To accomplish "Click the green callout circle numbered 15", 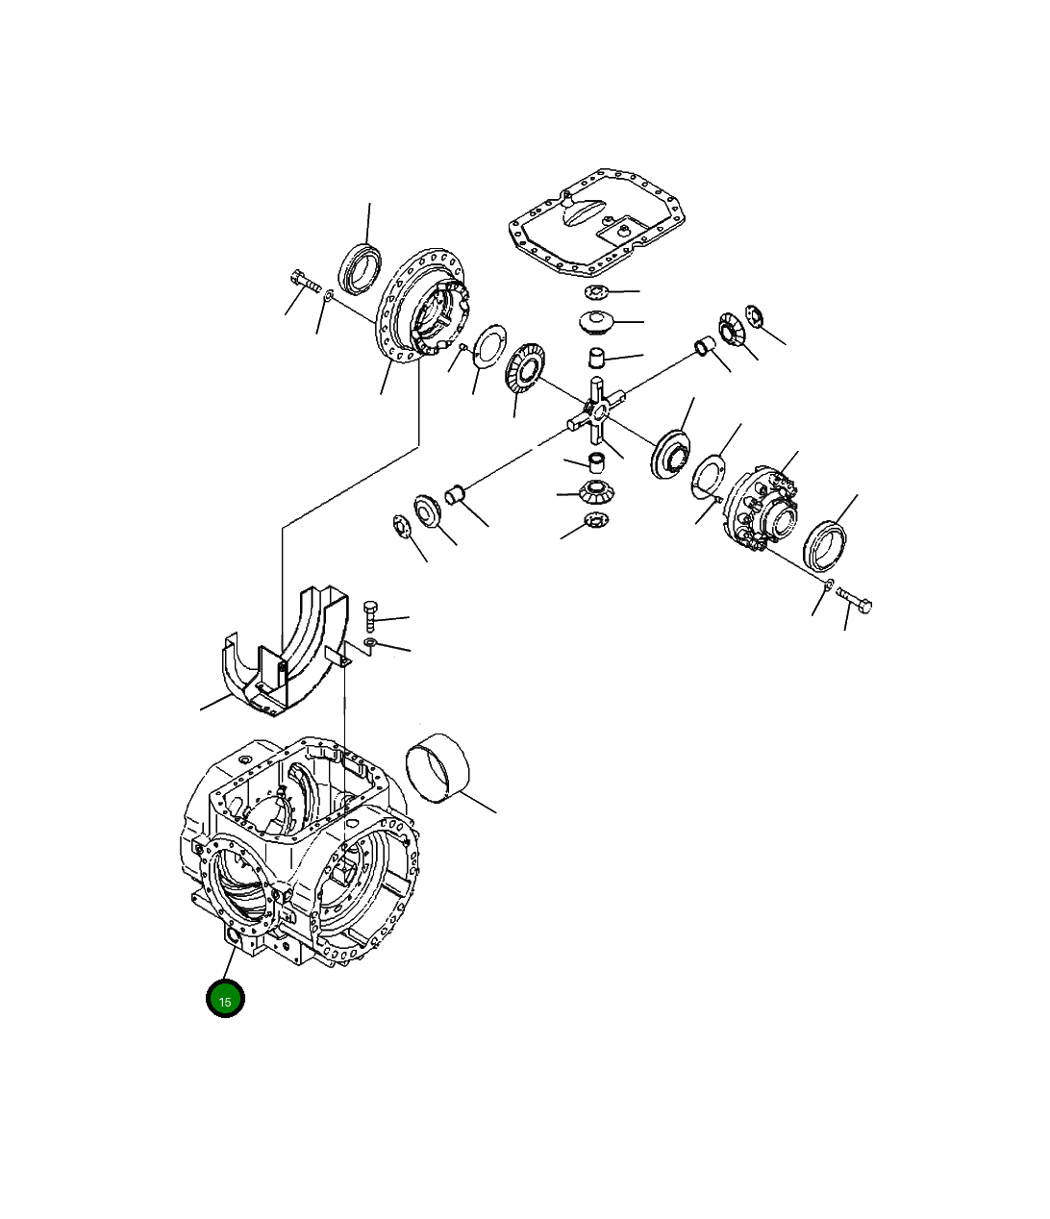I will click(x=225, y=999).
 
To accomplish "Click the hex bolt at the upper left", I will click(x=303, y=285).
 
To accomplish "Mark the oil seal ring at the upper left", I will click(x=361, y=266).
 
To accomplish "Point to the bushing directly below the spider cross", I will click(x=596, y=460).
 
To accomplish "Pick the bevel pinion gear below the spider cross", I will click(x=597, y=493).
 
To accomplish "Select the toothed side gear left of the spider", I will click(x=524, y=378).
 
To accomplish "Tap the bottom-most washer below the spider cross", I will click(x=596, y=522).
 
